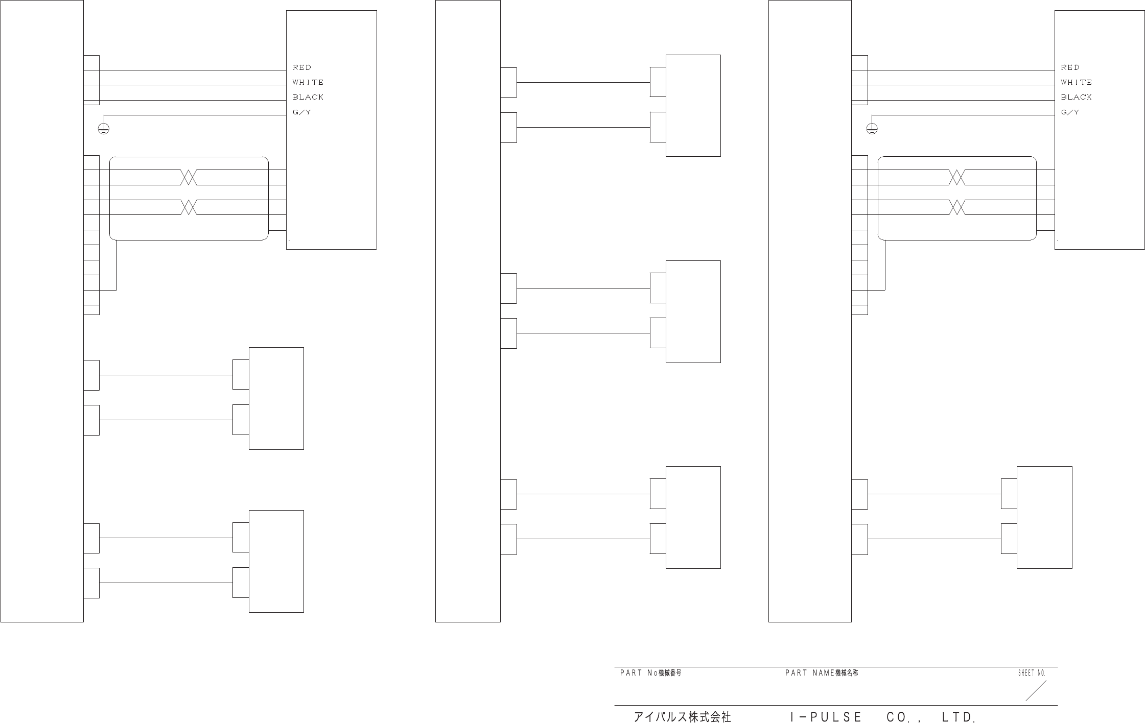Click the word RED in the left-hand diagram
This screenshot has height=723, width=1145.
(301, 67)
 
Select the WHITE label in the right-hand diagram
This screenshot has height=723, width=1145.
(1076, 82)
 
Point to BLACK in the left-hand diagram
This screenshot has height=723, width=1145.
(308, 97)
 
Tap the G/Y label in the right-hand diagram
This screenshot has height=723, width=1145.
(1070, 112)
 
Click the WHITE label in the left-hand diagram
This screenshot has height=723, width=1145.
(308, 82)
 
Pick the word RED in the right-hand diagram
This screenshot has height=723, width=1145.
(1070, 67)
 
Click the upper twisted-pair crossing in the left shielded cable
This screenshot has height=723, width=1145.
(189, 178)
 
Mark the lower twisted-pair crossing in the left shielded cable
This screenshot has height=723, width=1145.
(189, 207)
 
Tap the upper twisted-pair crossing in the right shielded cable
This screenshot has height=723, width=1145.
(956, 178)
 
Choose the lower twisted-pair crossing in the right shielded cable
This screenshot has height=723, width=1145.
(956, 207)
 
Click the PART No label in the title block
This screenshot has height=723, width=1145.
(650, 673)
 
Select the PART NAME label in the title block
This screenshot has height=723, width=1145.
(822, 673)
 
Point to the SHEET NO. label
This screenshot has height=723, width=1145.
(1032, 673)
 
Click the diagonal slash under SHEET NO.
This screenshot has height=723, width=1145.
(1036, 691)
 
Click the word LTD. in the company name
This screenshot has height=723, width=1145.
(959, 717)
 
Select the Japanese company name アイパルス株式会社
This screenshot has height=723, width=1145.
(683, 717)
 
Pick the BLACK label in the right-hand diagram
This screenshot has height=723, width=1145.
(1076, 97)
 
